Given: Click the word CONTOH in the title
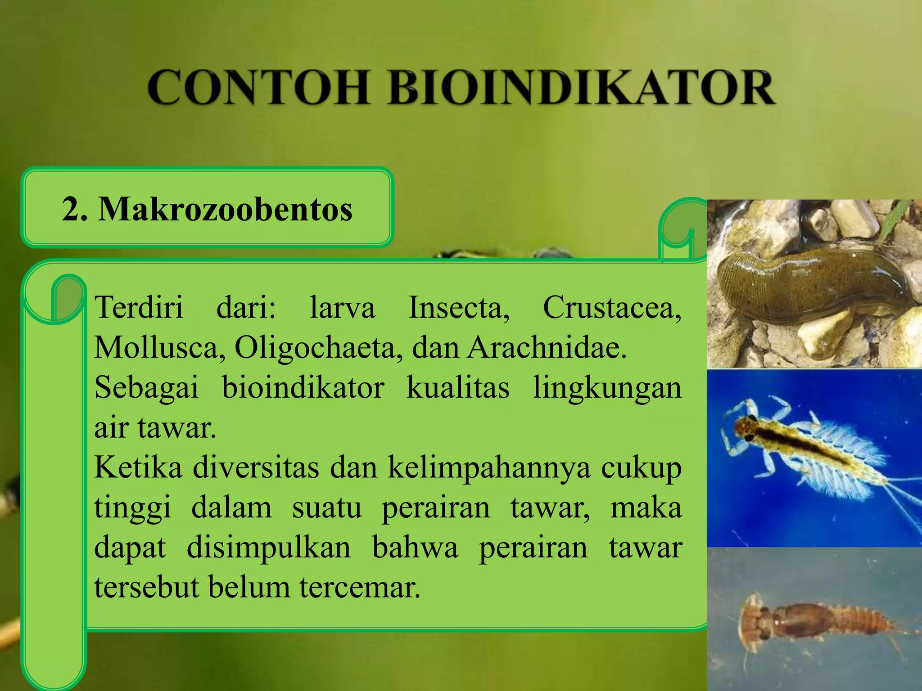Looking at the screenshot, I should tap(258, 87).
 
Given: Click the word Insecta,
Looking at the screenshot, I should tap(459, 308).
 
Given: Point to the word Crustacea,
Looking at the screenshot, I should tap(612, 308).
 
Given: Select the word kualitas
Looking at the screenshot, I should tap(458, 388).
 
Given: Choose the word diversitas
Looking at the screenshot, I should tap(256, 468).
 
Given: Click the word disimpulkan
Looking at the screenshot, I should tap(269, 548).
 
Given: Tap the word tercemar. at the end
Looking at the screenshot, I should tap(360, 588).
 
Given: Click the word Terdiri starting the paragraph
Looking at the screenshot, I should tap(139, 308).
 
